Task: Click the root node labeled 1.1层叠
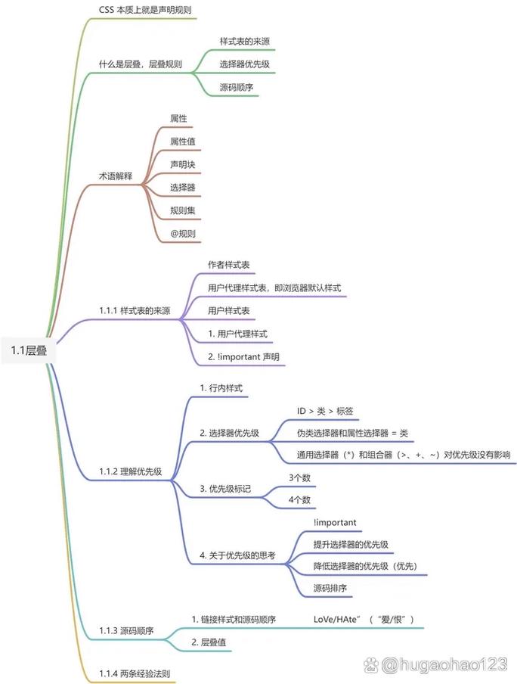(x=29, y=350)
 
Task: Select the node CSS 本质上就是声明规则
(x=145, y=10)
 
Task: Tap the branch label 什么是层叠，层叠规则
(x=141, y=64)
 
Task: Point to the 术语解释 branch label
(x=116, y=176)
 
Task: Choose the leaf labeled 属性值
(x=183, y=141)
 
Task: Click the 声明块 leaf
(x=183, y=164)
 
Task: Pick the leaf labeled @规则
(x=183, y=233)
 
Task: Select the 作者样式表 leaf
(x=229, y=265)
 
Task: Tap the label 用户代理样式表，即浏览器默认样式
(x=274, y=288)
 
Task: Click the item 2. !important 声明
(x=243, y=357)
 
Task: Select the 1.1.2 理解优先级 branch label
(x=130, y=471)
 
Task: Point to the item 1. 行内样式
(x=221, y=388)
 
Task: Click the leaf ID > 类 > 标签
(x=325, y=411)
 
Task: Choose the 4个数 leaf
(x=299, y=499)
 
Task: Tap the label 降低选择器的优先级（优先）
(x=365, y=566)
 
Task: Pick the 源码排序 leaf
(x=330, y=588)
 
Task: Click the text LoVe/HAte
(x=336, y=620)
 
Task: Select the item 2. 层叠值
(x=209, y=642)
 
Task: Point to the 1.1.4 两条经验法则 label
(x=135, y=673)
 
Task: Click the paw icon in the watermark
(x=371, y=665)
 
